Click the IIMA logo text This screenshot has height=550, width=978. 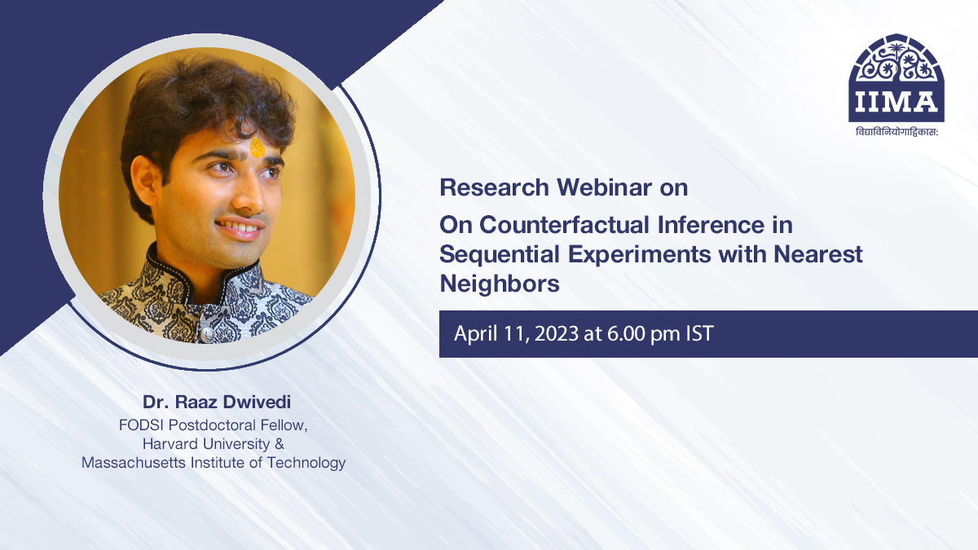pyautogui.click(x=896, y=102)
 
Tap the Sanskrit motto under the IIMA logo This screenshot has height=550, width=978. pyautogui.click(x=896, y=131)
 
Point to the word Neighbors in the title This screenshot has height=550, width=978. pyautogui.click(x=500, y=284)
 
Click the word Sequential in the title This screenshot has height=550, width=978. pyautogui.click(x=500, y=254)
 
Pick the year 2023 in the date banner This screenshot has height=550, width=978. pyautogui.click(x=556, y=333)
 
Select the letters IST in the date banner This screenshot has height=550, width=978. pyautogui.click(x=700, y=333)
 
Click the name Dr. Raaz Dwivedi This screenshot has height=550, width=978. pyautogui.click(x=217, y=402)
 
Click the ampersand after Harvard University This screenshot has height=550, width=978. pyautogui.click(x=280, y=443)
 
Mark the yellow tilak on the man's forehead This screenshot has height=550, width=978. pyautogui.click(x=258, y=147)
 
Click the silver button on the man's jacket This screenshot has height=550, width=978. pyautogui.click(x=206, y=334)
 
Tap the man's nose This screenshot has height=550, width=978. pyautogui.click(x=251, y=195)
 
